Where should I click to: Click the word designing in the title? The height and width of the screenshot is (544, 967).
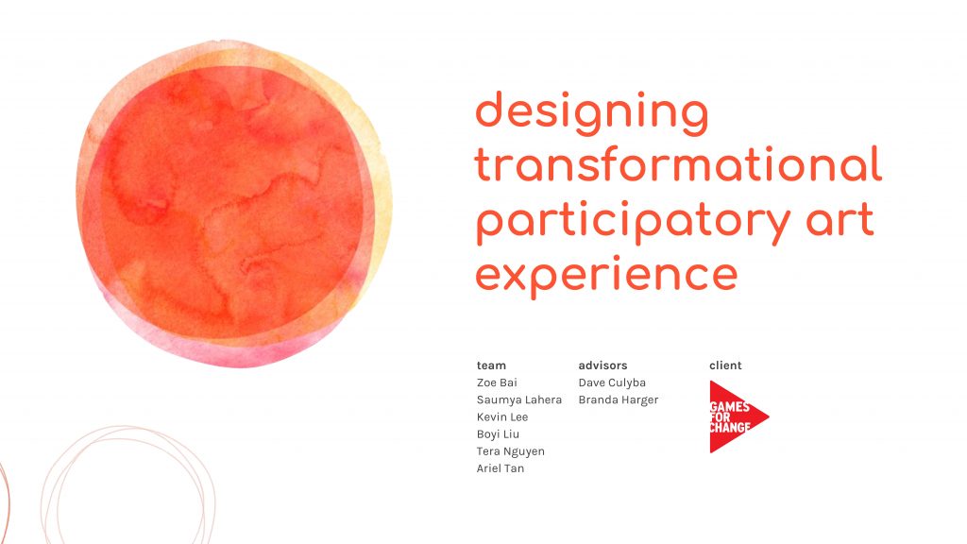(x=592, y=113)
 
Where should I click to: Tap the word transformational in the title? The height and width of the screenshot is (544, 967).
(x=678, y=164)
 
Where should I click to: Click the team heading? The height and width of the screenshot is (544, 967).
(x=491, y=365)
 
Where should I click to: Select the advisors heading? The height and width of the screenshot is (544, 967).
(x=602, y=365)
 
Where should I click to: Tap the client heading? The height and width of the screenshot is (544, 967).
(x=725, y=365)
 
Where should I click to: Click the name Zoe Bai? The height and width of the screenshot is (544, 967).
(x=497, y=382)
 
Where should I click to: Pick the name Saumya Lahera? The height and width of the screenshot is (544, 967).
(x=519, y=399)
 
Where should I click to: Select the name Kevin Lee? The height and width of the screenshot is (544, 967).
(x=502, y=416)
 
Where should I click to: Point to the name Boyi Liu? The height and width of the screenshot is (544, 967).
(x=498, y=434)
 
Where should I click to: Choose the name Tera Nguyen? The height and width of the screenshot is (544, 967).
(x=511, y=451)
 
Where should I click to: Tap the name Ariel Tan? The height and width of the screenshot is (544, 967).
(x=500, y=468)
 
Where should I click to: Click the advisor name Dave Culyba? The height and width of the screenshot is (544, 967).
(x=612, y=382)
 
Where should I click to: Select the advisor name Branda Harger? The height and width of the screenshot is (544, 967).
(x=619, y=399)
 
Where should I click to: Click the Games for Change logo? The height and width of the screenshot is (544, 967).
(x=738, y=416)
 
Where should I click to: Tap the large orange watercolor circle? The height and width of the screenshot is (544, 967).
(x=234, y=204)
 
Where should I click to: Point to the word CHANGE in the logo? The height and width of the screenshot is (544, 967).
(x=730, y=428)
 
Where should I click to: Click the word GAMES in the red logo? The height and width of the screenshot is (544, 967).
(x=730, y=407)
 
